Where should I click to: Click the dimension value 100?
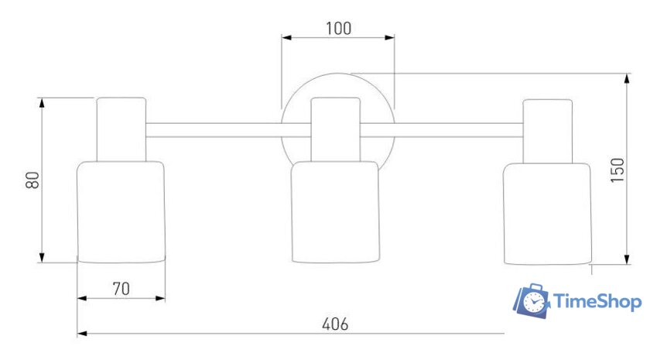click(x=338, y=28)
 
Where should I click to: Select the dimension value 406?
click(x=335, y=324)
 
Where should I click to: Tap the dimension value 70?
click(x=121, y=289)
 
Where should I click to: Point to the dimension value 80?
click(x=32, y=180)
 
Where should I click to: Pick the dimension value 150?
click(x=617, y=170)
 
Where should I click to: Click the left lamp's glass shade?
click(x=121, y=212)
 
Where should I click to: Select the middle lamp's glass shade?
click(x=335, y=212)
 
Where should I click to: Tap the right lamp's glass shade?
click(x=547, y=214)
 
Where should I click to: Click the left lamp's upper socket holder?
click(x=121, y=129)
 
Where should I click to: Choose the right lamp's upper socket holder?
click(x=548, y=131)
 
